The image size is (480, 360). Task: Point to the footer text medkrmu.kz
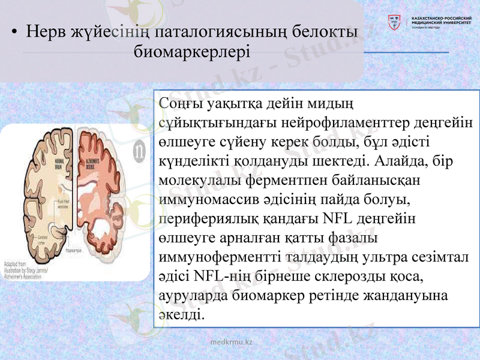(232, 341)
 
